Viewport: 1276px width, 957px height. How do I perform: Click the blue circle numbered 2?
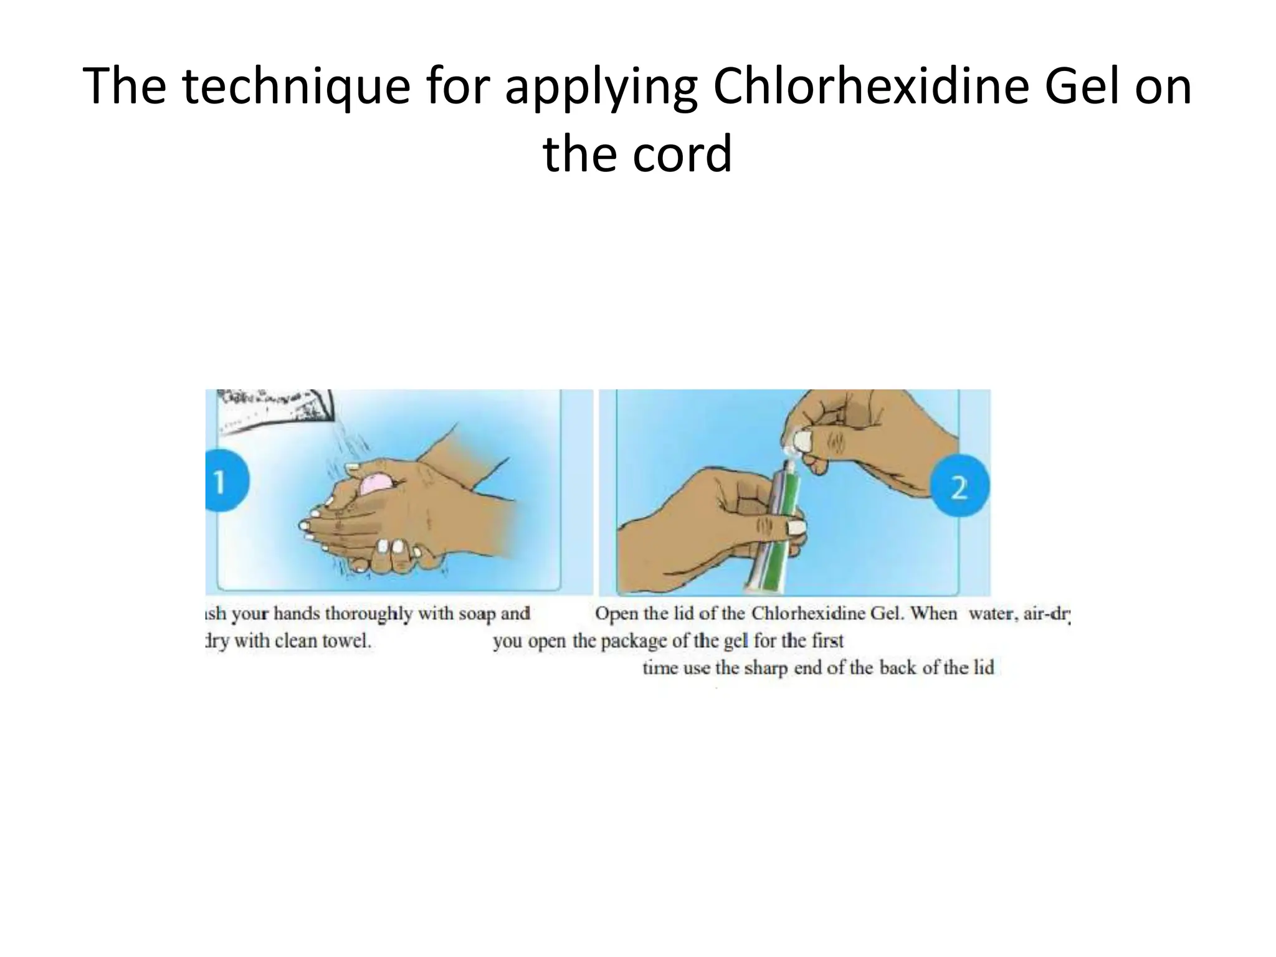[x=959, y=487]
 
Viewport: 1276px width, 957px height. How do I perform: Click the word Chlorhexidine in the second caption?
[x=808, y=614]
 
